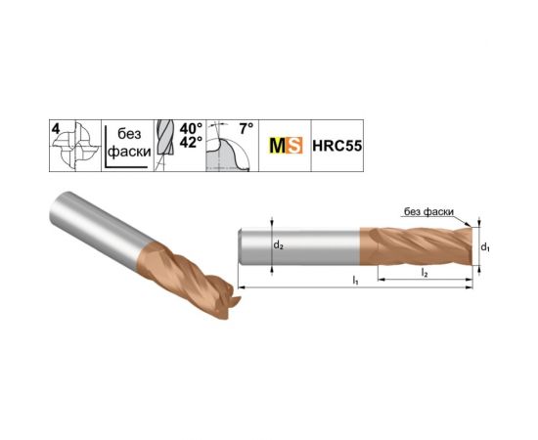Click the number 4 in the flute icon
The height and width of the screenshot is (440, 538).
click(56, 129)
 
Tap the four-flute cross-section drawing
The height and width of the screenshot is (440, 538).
click(77, 147)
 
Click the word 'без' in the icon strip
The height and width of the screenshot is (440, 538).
click(129, 133)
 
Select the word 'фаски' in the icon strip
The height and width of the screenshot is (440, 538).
click(130, 152)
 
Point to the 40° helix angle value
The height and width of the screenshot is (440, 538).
click(191, 129)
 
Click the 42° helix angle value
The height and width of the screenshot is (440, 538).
click(191, 143)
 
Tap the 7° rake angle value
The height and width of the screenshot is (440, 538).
click(247, 129)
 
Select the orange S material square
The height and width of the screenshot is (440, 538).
click(294, 146)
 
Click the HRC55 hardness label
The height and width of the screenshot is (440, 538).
click(336, 146)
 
